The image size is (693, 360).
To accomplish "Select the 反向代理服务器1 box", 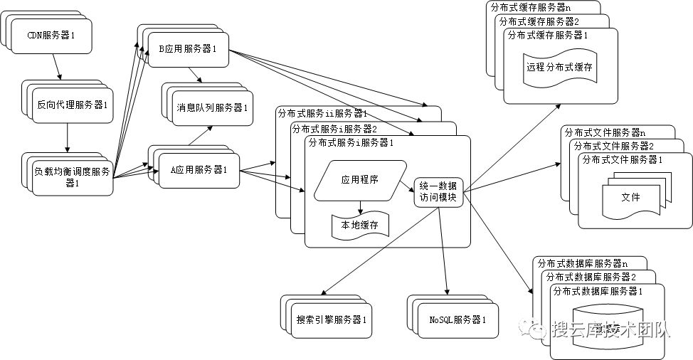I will [x=72, y=105].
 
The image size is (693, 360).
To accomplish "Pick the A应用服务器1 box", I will [x=199, y=170].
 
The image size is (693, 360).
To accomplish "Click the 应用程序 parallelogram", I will [x=359, y=179].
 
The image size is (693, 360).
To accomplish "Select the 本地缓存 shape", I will [x=359, y=226].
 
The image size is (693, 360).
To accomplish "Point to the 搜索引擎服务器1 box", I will [x=332, y=319].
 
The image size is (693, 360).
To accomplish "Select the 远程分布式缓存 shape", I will [x=559, y=69].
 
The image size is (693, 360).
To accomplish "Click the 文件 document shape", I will [x=630, y=197].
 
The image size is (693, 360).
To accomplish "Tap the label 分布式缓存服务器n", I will [x=531, y=7].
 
